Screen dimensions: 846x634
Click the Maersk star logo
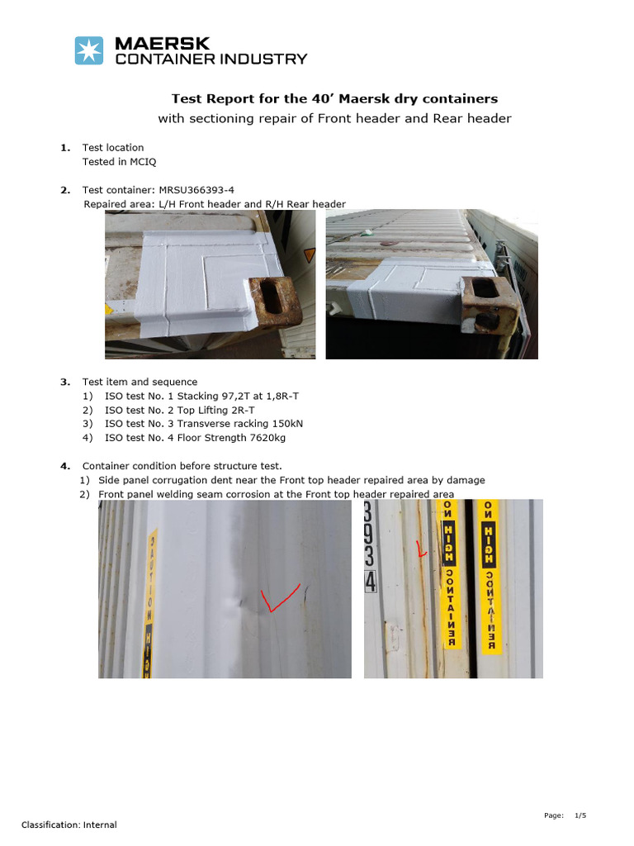[89, 50]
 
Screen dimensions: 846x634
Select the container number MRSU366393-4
[182, 190]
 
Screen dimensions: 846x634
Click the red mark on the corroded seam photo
[421, 548]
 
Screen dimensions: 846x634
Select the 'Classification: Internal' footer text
[69, 825]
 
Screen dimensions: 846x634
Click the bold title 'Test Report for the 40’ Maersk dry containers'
[334, 98]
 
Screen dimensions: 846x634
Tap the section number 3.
[64, 382]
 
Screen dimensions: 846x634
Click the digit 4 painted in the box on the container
[371, 582]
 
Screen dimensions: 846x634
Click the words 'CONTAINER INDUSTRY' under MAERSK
[211, 59]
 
